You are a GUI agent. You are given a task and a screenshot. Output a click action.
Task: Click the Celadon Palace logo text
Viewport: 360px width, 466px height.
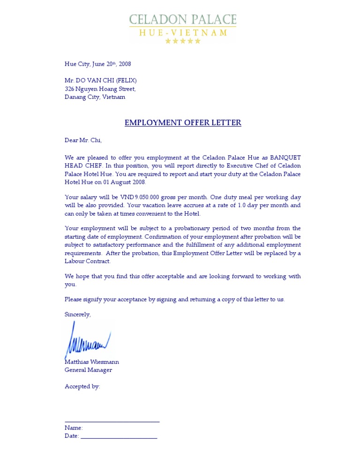coord(183,20)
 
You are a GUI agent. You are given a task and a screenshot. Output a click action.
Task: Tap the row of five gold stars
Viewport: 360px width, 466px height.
coord(183,41)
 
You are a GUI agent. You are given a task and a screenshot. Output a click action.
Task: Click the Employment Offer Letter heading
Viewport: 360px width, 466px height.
coord(183,123)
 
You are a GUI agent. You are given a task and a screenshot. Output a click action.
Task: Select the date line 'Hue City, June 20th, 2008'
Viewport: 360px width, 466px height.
coord(98,64)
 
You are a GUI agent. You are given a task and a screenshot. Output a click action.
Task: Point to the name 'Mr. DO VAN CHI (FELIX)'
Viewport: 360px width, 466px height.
coord(101,81)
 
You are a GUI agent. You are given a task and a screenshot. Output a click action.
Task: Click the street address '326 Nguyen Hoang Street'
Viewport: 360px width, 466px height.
coord(100,89)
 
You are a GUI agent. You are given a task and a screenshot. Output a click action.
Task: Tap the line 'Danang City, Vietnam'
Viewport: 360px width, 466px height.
coord(95,97)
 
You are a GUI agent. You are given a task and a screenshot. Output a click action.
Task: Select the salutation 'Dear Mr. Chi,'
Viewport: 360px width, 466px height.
coord(83,140)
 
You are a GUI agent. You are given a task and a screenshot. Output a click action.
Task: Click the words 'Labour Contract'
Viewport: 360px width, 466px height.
coord(88,262)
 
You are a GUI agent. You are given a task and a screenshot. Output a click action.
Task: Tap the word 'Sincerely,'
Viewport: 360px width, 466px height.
coord(78,315)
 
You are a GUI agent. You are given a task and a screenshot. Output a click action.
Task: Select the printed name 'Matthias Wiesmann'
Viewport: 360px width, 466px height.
coord(92,362)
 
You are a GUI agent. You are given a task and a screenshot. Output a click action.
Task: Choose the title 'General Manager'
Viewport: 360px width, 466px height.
coord(89,370)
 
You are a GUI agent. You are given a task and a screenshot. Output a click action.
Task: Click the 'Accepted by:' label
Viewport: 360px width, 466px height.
coord(82,387)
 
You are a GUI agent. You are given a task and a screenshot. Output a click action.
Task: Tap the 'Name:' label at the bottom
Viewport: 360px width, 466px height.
coord(74,428)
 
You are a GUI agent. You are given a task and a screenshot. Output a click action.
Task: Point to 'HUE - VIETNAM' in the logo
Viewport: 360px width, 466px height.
coord(183,33)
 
